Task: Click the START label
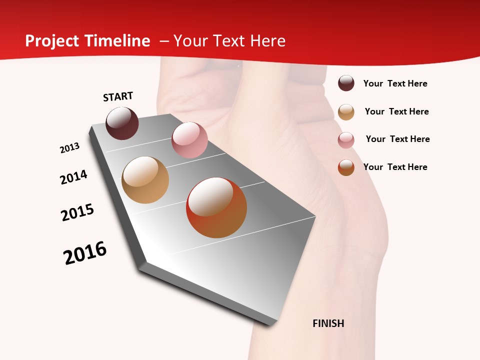point(118,96)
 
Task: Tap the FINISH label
point(328,323)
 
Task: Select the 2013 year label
point(69,148)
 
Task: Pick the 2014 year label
point(73,177)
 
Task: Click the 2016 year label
point(85,253)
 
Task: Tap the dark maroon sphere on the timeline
point(122,123)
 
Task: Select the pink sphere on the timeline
point(189,140)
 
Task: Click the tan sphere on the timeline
point(145,180)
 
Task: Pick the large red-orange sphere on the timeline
point(216,207)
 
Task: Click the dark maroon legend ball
point(346,83)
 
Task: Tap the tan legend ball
point(346,111)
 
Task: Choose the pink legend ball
point(346,140)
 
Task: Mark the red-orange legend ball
point(346,167)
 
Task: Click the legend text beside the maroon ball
point(395,83)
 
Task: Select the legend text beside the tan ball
point(396,111)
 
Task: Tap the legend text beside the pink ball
point(397,139)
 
